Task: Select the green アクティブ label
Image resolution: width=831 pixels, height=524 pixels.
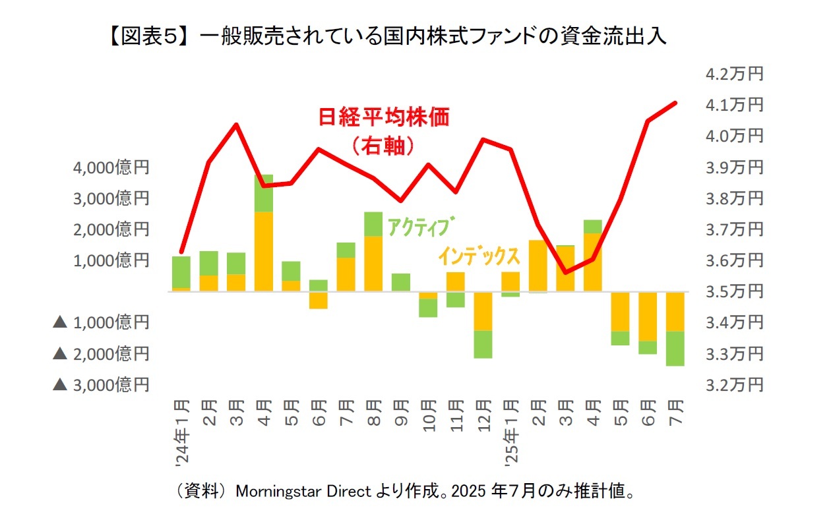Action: tap(421, 227)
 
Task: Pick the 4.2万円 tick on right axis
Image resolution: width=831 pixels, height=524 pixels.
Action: tap(733, 74)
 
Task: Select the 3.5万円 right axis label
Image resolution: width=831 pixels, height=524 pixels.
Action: tap(733, 291)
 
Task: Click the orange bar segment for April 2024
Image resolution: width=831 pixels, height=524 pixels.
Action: tap(264, 251)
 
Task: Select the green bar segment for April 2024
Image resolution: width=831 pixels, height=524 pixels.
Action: tap(264, 193)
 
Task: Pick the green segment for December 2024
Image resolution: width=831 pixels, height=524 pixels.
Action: tap(483, 344)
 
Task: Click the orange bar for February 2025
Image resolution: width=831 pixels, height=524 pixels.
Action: tap(538, 266)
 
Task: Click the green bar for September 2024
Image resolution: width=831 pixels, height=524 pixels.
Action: tap(401, 282)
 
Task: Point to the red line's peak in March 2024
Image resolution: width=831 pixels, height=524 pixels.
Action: tap(237, 124)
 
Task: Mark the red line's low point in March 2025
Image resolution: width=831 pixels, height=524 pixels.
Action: tap(566, 272)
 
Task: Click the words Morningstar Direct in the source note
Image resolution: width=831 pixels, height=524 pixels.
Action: tap(303, 491)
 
